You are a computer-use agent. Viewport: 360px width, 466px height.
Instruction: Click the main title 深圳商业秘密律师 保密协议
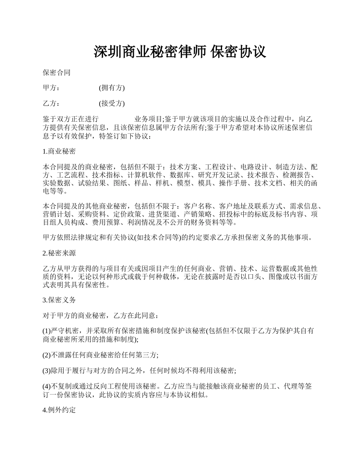click(180, 52)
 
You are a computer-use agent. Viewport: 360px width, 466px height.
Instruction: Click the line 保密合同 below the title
click(56, 73)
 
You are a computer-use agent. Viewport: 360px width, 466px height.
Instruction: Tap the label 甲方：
click(51, 88)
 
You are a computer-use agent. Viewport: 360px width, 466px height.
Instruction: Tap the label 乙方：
click(51, 103)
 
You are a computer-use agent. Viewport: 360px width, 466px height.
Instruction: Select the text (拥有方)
click(112, 88)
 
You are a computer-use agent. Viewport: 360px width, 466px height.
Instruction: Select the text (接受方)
click(112, 103)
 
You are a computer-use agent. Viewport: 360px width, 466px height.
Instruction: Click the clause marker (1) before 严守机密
click(47, 331)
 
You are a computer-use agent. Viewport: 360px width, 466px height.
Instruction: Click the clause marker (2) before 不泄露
click(47, 355)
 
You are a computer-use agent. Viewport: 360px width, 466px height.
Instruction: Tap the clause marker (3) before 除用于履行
click(47, 371)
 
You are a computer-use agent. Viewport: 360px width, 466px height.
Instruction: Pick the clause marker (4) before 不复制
click(47, 386)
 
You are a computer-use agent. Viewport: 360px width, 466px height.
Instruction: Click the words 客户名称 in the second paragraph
click(197, 206)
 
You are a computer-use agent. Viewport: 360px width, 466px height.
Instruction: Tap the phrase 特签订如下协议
click(125, 136)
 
